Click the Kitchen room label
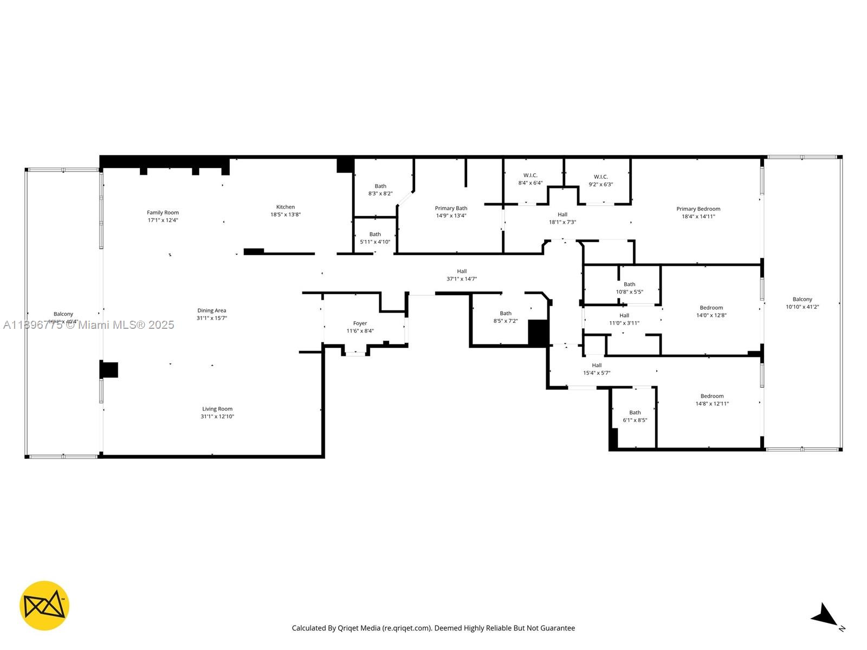click(x=286, y=207)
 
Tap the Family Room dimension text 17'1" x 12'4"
click(x=163, y=220)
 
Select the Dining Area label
click(x=211, y=311)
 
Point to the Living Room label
click(x=217, y=409)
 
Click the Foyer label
click(x=360, y=323)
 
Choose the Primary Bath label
click(x=451, y=208)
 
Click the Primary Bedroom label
click(x=698, y=209)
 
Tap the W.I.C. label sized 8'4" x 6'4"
click(x=530, y=175)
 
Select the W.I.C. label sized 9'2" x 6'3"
click(x=600, y=177)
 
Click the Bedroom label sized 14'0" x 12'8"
click(x=711, y=308)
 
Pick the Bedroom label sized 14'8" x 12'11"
click(x=711, y=396)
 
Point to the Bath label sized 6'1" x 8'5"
click(x=635, y=413)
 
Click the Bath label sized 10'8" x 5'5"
click(x=629, y=284)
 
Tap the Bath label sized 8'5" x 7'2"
click(x=505, y=314)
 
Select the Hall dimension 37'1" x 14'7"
click(x=461, y=279)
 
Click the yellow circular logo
click(x=44, y=606)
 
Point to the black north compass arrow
click(x=825, y=615)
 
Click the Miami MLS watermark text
click(x=89, y=325)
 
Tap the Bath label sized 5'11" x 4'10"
click(x=375, y=235)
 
